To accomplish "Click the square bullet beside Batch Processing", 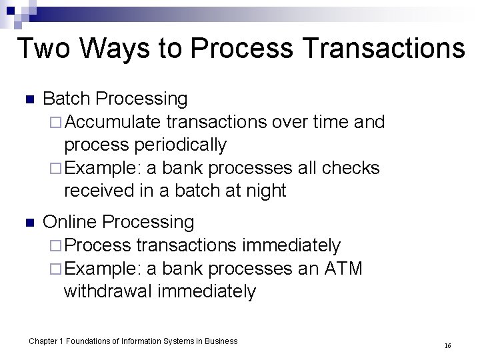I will [29, 100].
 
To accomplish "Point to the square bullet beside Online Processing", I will [29, 223].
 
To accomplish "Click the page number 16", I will [447, 346].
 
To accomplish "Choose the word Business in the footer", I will [221, 341].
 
